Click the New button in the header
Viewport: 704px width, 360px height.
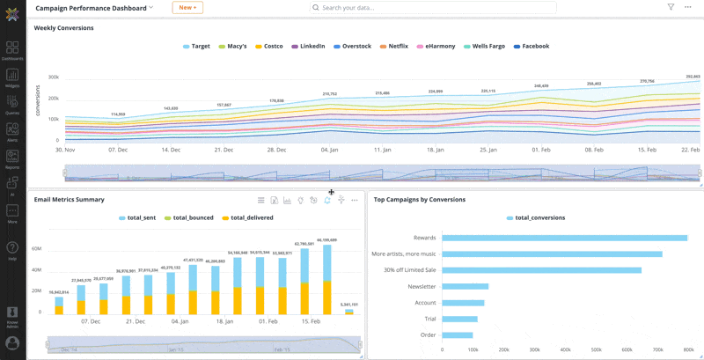[x=187, y=7]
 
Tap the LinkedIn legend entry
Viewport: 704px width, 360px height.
[x=308, y=46]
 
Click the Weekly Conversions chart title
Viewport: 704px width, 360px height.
[x=63, y=28]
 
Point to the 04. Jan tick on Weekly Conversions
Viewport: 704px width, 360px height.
[x=330, y=150]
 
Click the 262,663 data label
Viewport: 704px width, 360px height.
[x=692, y=77]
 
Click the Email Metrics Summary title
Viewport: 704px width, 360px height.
[x=69, y=200]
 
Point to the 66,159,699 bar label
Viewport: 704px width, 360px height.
[x=326, y=239]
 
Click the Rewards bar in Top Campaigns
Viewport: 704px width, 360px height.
[x=564, y=238]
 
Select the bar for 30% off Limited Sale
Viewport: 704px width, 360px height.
[x=541, y=270]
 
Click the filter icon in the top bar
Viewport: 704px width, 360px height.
[x=671, y=7]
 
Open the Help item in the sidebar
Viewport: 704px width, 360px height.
[x=12, y=251]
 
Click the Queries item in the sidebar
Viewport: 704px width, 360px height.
[x=12, y=105]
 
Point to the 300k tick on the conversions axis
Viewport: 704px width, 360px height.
[x=53, y=77]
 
